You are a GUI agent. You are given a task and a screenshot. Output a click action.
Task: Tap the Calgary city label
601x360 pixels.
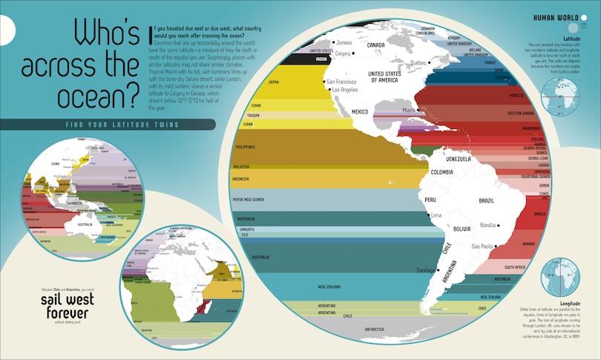343,53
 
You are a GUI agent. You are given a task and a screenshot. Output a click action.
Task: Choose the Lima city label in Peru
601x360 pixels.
436,215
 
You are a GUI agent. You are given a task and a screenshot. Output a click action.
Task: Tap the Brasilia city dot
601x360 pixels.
499,225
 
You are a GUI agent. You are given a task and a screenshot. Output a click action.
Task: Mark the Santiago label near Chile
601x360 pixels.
409,270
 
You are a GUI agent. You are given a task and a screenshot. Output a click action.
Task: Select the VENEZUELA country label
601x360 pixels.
458,160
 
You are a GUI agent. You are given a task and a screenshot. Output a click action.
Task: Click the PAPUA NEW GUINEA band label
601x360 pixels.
251,199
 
